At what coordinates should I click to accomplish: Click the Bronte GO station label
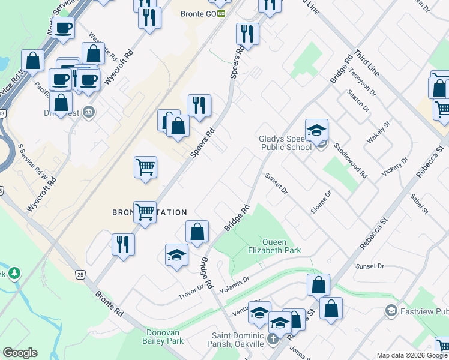198,13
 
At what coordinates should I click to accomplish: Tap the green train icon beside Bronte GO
221,13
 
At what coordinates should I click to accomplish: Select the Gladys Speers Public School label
285,143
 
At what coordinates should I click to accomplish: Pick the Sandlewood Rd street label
351,162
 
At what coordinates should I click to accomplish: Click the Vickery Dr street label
396,167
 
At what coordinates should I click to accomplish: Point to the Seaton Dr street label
358,100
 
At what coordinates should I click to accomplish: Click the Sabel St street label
420,204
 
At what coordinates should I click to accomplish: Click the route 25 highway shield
80,274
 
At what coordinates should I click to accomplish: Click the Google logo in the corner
20,353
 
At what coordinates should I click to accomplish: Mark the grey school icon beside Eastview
391,310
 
